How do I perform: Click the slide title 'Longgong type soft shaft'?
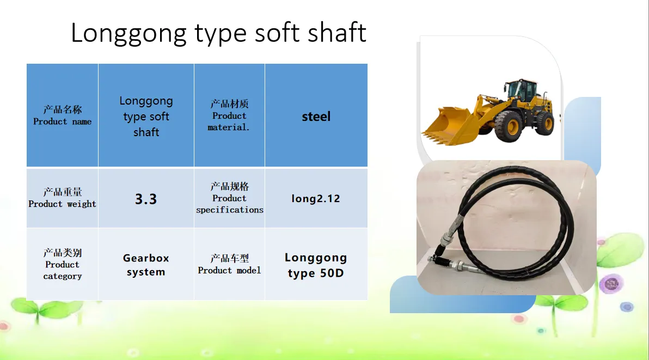click(218, 33)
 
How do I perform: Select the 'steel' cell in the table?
click(316, 115)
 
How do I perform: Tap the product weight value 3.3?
click(146, 198)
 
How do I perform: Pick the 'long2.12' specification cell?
click(316, 198)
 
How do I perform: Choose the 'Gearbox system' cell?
click(146, 264)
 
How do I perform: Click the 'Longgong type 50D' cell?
click(316, 264)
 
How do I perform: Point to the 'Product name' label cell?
click(63, 115)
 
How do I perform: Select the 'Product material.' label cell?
click(229, 115)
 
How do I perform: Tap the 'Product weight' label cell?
click(63, 198)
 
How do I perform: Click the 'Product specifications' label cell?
click(229, 198)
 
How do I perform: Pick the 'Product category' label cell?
click(63, 264)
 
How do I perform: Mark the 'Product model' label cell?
click(229, 264)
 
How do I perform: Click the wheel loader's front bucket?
click(449, 126)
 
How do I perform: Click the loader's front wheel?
click(509, 126)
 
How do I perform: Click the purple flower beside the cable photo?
click(611, 284)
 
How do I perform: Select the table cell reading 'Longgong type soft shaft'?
click(146, 115)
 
